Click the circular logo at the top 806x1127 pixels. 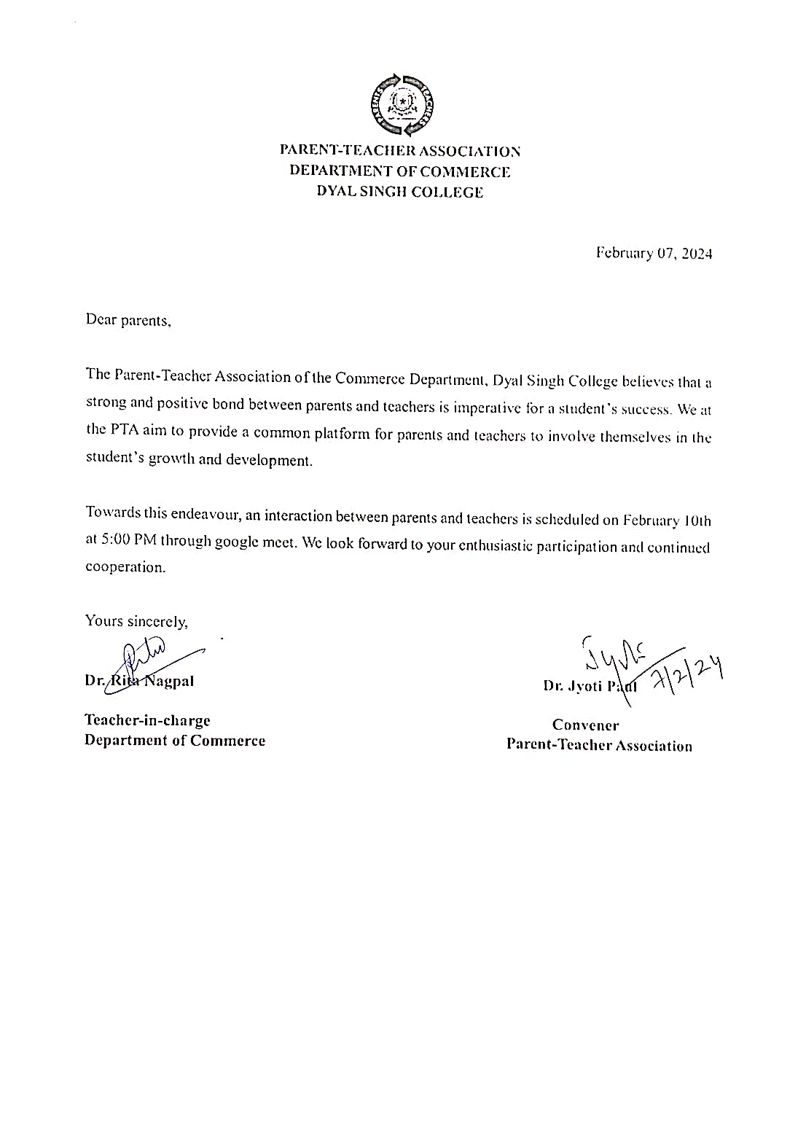point(402,105)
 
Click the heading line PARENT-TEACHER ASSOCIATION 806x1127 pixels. point(400,151)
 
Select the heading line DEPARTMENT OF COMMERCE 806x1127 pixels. point(400,171)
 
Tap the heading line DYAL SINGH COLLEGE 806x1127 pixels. point(400,192)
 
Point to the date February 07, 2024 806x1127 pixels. point(654,254)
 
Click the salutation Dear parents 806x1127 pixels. point(128,320)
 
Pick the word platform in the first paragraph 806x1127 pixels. point(342,434)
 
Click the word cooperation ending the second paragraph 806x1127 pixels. point(125,567)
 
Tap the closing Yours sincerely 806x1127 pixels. point(136,621)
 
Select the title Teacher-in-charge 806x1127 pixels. point(147,720)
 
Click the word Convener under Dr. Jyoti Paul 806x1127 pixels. point(585,725)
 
